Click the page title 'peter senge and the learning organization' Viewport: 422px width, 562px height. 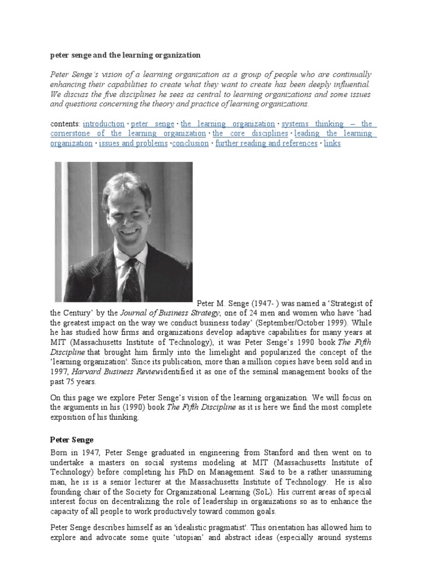pos(125,55)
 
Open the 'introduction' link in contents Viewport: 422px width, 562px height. pos(103,124)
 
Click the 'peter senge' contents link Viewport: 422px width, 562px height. pos(153,124)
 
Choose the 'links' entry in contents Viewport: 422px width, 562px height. pos(332,144)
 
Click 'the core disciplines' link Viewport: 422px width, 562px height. pos(250,134)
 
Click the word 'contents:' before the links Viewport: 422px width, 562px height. pos(65,124)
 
